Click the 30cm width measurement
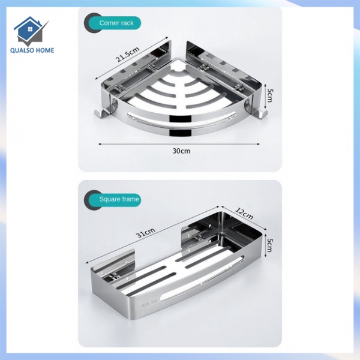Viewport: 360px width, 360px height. pos(181,151)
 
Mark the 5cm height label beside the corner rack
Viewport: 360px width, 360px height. pos(270,95)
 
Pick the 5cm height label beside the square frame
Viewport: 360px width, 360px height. pos(270,246)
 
